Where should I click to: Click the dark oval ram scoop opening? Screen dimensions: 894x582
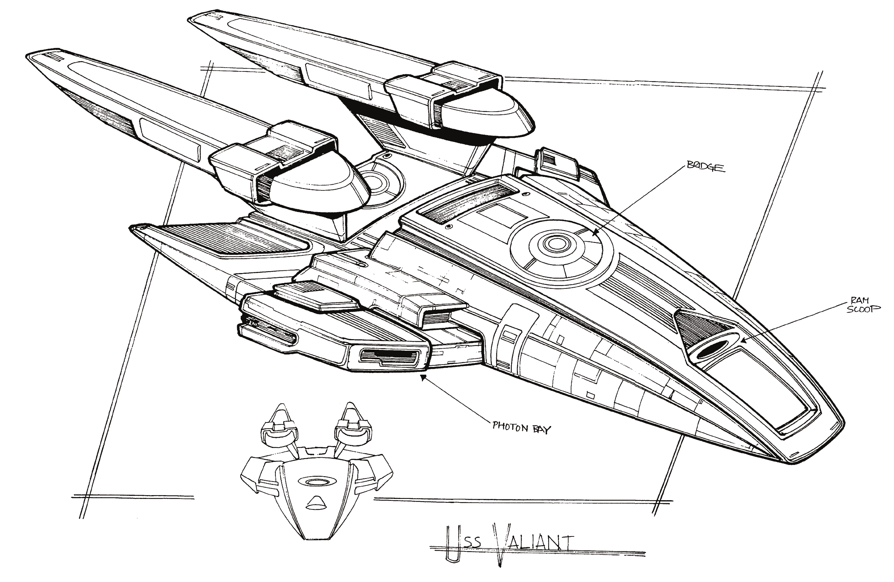(x=711, y=349)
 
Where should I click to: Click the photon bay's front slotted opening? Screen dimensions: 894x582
(x=389, y=356)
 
